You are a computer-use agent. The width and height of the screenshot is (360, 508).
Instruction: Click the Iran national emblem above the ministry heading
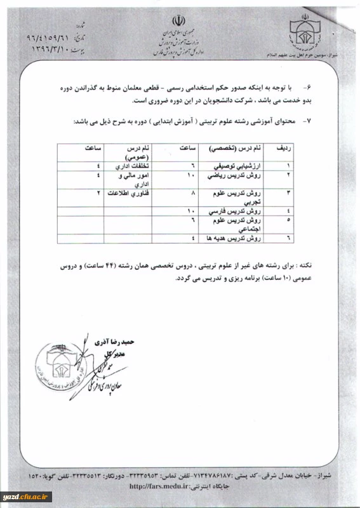click(180, 18)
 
